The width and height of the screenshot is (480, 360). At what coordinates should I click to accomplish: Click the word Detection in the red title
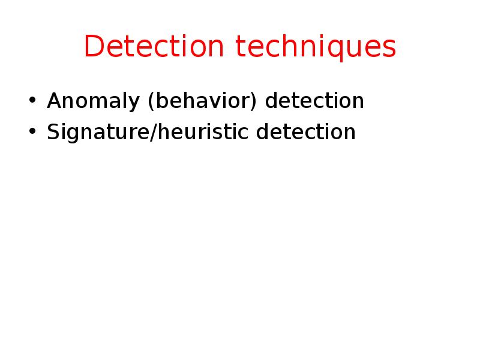pyautogui.click(x=155, y=47)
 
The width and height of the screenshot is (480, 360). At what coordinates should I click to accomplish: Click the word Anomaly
pyautogui.click(x=83, y=101)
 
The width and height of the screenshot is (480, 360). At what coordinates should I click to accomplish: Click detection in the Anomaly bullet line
pyautogui.click(x=314, y=101)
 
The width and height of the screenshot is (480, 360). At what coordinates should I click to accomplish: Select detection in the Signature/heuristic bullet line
pyautogui.click(x=306, y=132)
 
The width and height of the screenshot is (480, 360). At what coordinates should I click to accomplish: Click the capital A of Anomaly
pyautogui.click(x=54, y=101)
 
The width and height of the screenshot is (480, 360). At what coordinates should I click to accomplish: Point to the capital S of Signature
pyautogui.click(x=53, y=132)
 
